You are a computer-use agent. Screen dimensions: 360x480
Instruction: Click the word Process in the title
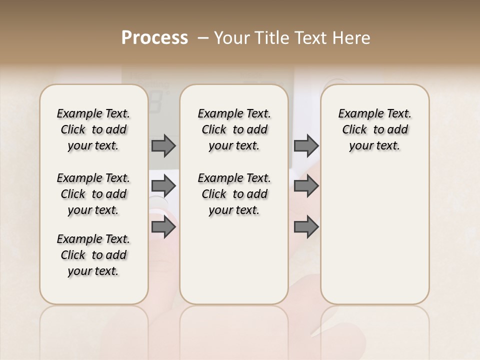pyautogui.click(x=154, y=38)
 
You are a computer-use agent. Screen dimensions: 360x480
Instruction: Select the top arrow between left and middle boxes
pyautogui.click(x=163, y=145)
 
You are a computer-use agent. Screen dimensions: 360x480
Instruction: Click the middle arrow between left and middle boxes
pyautogui.click(x=163, y=186)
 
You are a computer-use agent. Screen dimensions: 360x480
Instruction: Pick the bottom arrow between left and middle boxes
pyautogui.click(x=163, y=227)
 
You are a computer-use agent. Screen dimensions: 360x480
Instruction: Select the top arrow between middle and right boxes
pyautogui.click(x=306, y=145)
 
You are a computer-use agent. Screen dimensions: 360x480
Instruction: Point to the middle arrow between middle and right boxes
pyautogui.click(x=306, y=186)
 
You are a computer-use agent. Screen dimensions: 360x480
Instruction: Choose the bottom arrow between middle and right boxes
pyautogui.click(x=306, y=227)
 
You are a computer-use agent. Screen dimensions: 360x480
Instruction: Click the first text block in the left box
pyautogui.click(x=93, y=129)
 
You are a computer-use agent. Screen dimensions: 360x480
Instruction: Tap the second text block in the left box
pyautogui.click(x=93, y=194)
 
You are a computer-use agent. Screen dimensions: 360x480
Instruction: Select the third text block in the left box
pyautogui.click(x=93, y=255)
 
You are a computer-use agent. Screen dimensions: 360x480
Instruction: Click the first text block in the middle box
pyautogui.click(x=234, y=129)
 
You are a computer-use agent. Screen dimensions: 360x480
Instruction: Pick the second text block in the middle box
pyautogui.click(x=234, y=194)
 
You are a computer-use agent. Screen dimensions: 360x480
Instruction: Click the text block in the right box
pyautogui.click(x=374, y=129)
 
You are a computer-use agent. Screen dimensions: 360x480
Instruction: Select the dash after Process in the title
pyautogui.click(x=203, y=38)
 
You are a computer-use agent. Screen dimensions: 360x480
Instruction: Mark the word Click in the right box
pyautogui.click(x=354, y=130)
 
